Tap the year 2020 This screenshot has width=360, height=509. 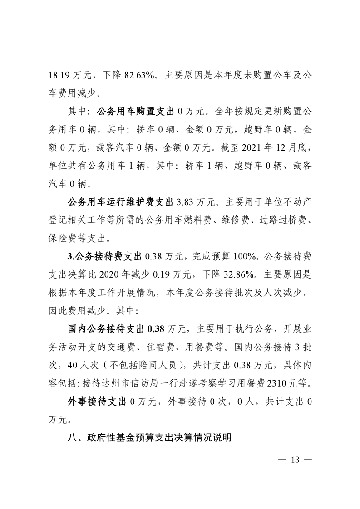click(x=108, y=274)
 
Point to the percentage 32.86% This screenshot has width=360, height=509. click(x=220, y=274)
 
